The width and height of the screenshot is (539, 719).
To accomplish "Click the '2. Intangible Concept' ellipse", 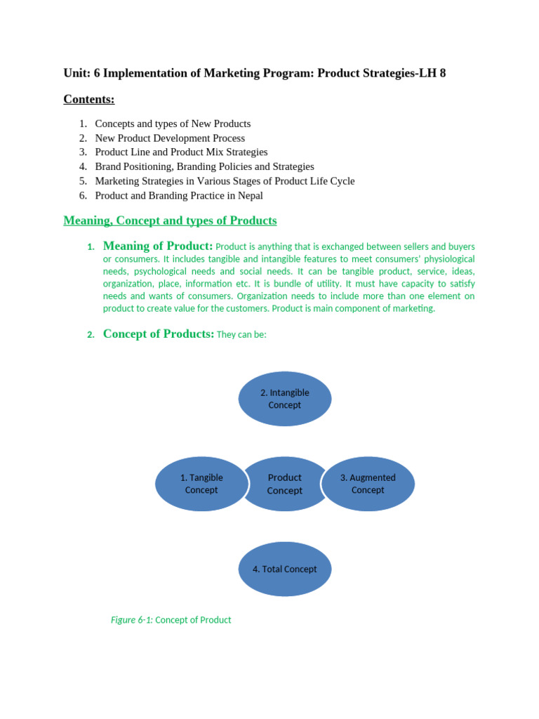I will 284,399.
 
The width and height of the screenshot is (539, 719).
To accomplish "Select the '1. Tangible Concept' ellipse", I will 201,484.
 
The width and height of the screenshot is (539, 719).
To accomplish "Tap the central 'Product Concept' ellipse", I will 284,484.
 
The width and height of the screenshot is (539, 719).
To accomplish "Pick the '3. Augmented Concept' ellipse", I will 368,484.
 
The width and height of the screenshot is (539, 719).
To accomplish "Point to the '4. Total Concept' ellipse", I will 284,569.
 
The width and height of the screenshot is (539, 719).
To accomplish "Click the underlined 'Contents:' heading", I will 89,99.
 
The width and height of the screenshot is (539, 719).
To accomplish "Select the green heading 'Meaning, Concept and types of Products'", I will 170,220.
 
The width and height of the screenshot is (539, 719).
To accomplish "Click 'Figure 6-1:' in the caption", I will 132,620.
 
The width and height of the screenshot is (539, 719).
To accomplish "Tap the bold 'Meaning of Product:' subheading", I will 158,246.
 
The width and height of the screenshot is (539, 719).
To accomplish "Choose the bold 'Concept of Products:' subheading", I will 159,334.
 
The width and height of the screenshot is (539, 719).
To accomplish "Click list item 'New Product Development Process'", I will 170,138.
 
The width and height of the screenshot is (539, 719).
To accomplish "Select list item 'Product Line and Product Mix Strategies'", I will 181,152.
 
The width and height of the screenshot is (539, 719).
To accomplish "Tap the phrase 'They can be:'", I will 242,335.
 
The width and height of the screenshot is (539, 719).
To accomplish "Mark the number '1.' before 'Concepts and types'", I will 84,124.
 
